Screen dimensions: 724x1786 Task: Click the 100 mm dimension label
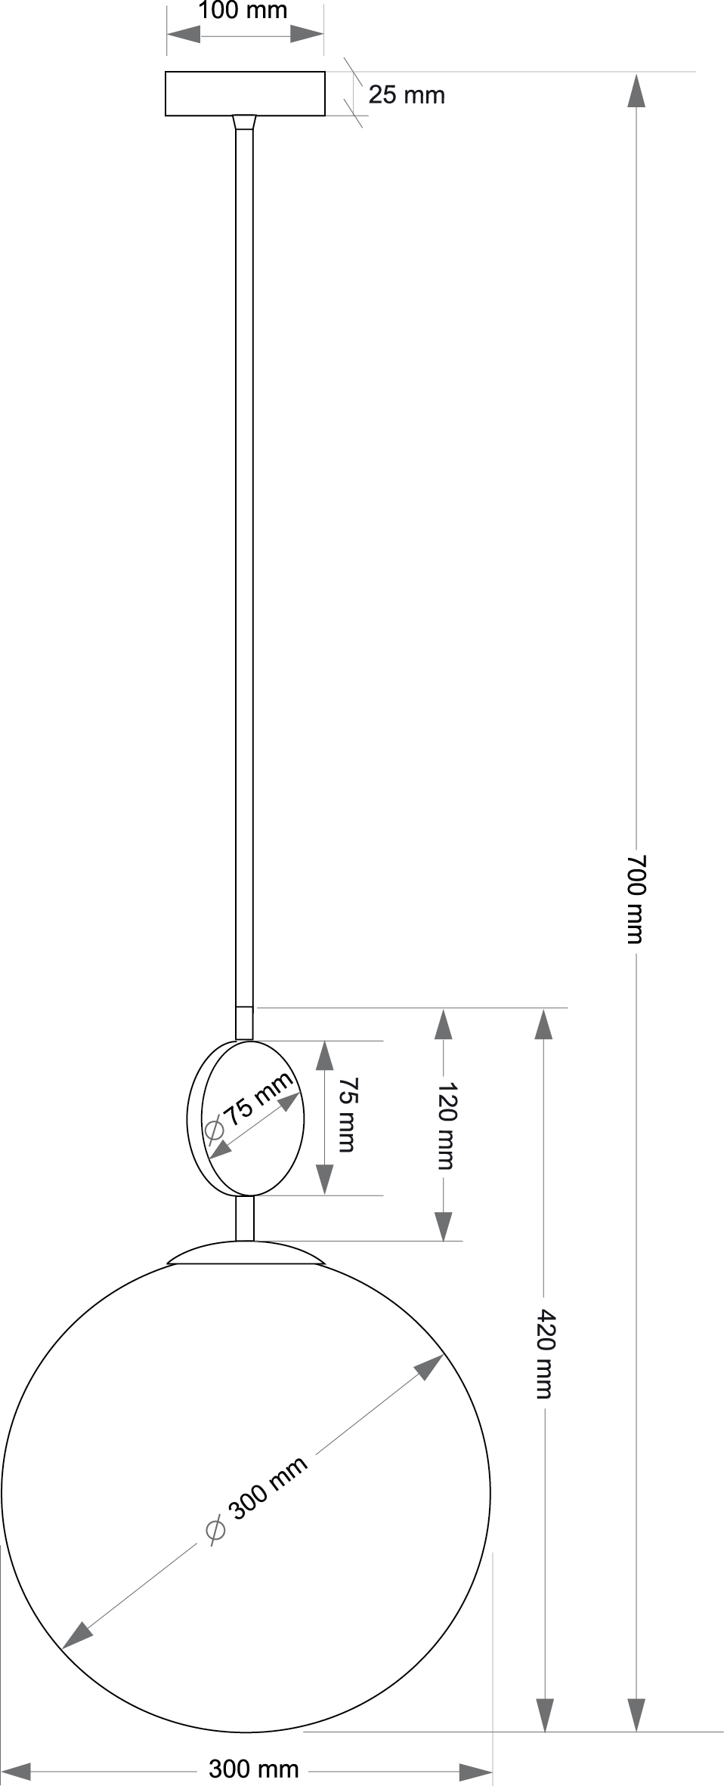pos(243,11)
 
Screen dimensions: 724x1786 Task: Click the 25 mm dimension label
pos(407,95)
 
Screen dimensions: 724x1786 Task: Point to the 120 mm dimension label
pos(447,1126)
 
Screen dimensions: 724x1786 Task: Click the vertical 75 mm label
pos(346,1115)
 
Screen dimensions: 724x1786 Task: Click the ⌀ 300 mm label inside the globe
pos(257,1499)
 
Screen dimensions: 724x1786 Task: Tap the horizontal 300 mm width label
pos(254,1769)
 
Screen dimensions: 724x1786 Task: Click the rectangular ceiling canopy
pos(245,94)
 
